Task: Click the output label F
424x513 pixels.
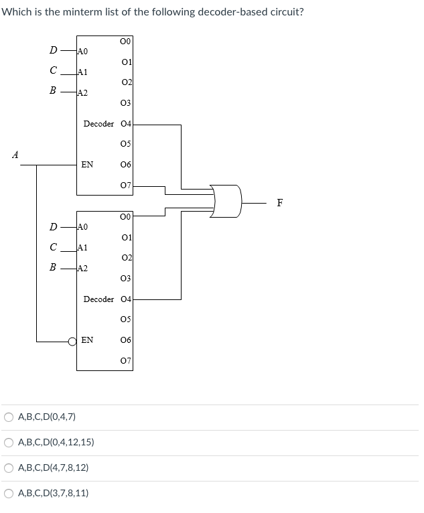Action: (280, 204)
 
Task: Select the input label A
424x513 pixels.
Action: (15, 155)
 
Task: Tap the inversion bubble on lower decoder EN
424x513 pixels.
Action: (73, 341)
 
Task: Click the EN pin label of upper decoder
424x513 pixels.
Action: (87, 164)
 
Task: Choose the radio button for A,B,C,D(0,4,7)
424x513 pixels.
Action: (9, 417)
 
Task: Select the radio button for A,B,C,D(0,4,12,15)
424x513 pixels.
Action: (9, 443)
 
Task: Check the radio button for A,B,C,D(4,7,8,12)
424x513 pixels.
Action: (9, 468)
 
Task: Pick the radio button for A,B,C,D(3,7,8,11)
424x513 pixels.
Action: (9, 494)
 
